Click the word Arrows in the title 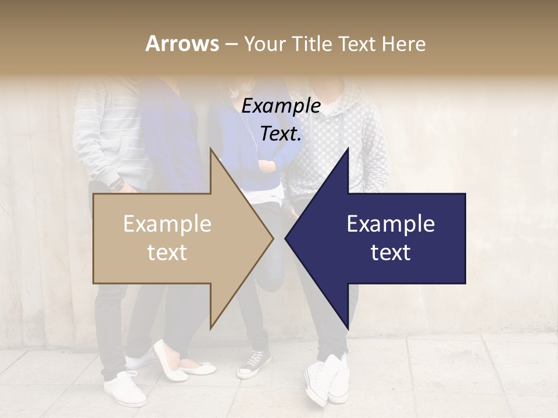pos(182,44)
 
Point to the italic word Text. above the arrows pos(281,134)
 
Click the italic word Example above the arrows pos(281,106)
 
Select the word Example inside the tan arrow pos(167,224)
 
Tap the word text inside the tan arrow pos(167,253)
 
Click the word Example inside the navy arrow pos(391,224)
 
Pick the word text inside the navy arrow pos(391,253)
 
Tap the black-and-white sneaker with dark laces pos(254,364)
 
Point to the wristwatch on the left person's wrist pos(118,184)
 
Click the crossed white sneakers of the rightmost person pos(327,380)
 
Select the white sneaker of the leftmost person pos(125,389)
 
